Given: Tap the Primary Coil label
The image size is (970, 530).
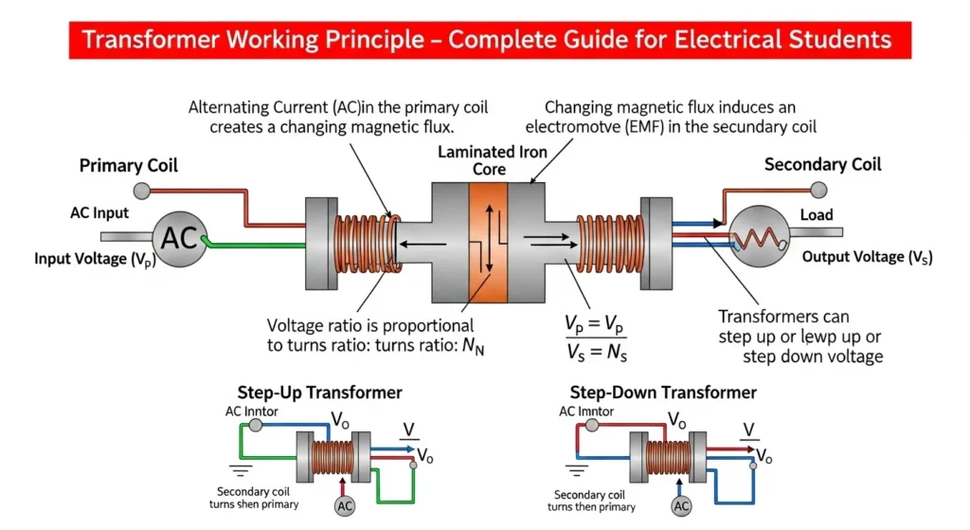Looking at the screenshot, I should pos(129,166).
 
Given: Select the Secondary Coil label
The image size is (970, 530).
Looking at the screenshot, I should pos(822,164).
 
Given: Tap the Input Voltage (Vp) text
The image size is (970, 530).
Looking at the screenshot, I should pos(95,259).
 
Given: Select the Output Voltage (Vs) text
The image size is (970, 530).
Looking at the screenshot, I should pos(867,257).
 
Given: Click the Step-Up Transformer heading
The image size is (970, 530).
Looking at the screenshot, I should pos(320,393).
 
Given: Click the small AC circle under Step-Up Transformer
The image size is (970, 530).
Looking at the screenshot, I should pos(346,507).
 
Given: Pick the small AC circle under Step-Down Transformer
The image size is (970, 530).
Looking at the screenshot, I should pos(681,507).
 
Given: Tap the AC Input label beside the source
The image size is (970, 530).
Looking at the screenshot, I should pos(99,212).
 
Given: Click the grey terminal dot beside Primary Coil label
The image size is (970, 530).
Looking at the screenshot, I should pos(142,192).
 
